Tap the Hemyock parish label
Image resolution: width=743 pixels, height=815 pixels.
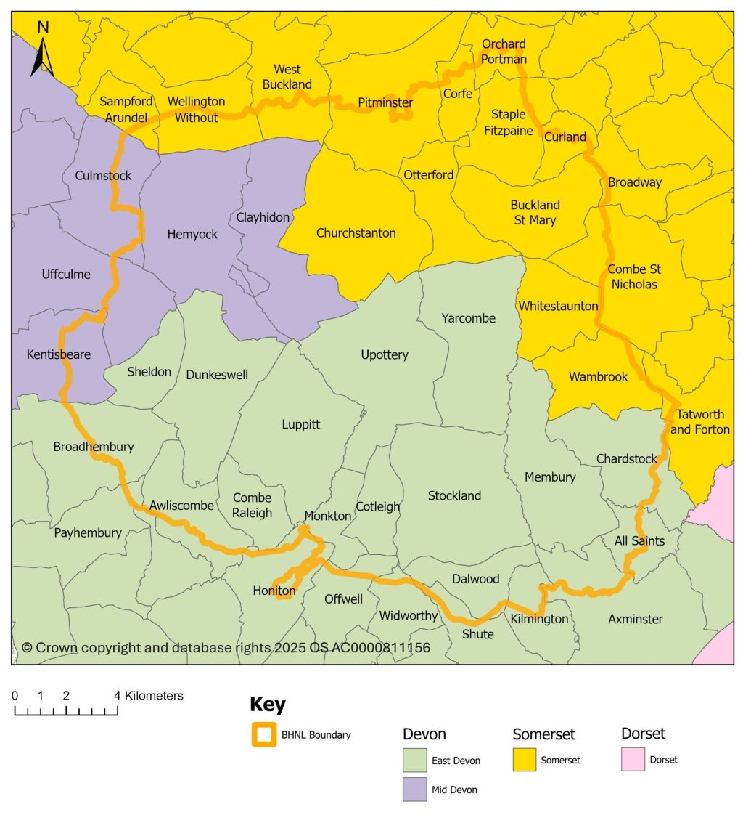point(192,235)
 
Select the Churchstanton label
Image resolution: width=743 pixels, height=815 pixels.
point(356,233)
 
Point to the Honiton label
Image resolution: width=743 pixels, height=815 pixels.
point(274,591)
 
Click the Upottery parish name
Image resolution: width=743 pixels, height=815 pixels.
point(385,354)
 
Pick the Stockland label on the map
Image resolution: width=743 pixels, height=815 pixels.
point(454,496)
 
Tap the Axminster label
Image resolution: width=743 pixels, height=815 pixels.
point(636,619)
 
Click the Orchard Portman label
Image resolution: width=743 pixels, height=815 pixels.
point(504,52)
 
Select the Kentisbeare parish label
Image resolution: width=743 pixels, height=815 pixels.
point(59,354)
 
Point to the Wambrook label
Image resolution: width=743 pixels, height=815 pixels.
point(598,376)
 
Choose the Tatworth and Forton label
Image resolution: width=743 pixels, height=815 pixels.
point(700,422)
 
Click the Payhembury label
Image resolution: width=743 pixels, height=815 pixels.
point(88,532)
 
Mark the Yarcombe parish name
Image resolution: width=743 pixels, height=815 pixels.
point(468,318)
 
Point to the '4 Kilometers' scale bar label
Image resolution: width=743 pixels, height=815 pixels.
point(150,696)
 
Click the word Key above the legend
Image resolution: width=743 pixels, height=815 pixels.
point(268,705)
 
